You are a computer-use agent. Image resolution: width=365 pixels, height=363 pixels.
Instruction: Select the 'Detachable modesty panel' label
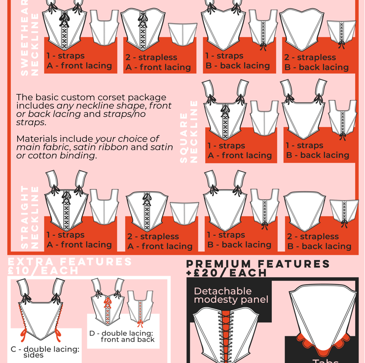[231, 295]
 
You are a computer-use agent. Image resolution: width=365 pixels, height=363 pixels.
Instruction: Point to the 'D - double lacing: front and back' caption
[122, 336]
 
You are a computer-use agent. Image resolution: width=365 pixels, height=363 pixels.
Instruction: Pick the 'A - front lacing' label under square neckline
[240, 155]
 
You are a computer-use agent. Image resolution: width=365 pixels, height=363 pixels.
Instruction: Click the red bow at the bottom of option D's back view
[140, 324]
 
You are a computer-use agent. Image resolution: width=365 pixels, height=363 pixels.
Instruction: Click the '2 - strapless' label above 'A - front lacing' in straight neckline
[153, 236]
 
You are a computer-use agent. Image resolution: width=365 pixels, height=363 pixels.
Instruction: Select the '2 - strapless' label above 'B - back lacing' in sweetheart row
[310, 57]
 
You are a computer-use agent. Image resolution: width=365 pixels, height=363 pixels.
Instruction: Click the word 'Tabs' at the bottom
[326, 361]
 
